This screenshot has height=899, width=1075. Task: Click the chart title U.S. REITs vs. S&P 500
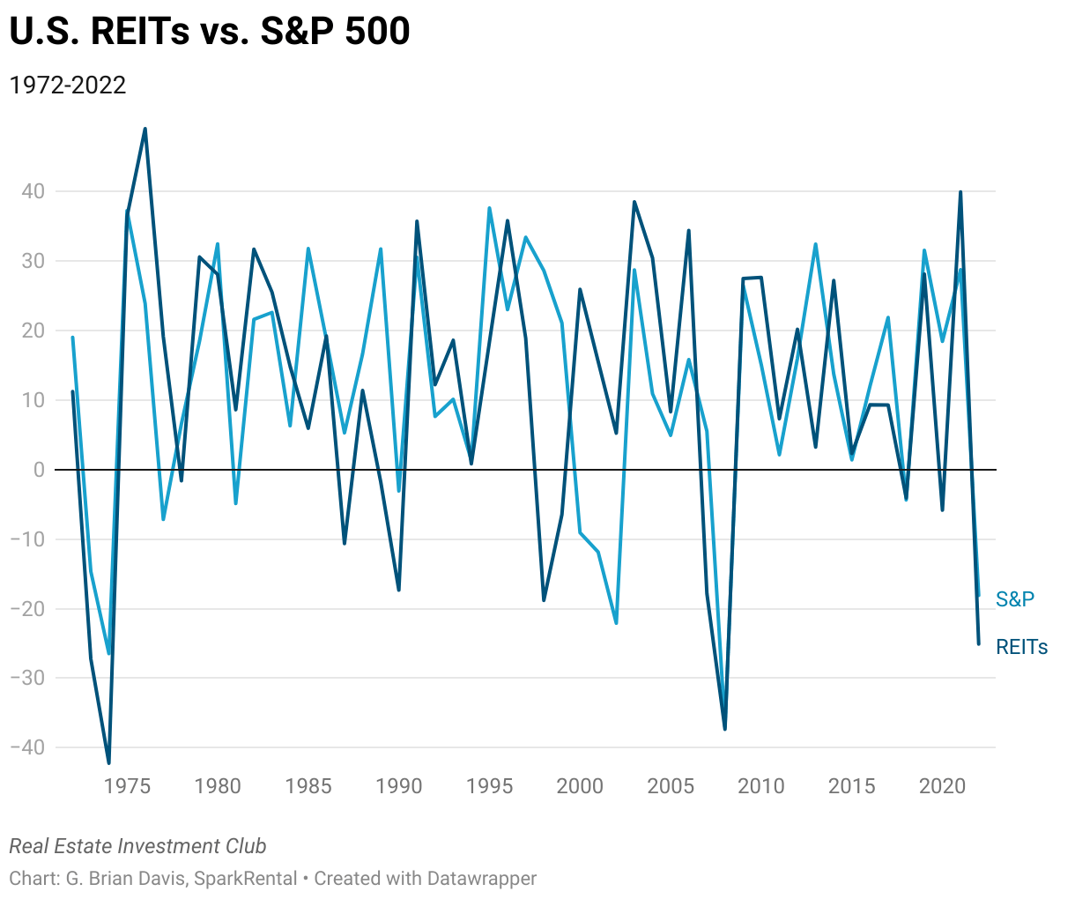click(x=210, y=32)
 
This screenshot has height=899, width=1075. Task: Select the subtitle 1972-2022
click(x=68, y=85)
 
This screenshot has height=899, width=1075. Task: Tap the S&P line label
click(x=1014, y=599)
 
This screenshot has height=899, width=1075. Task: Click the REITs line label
click(x=1021, y=647)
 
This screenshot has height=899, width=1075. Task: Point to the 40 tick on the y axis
click(x=33, y=191)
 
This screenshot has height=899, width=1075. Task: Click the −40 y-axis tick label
click(x=27, y=747)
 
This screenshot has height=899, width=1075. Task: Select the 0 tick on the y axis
click(x=38, y=470)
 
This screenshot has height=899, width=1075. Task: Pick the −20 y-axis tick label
click(x=27, y=609)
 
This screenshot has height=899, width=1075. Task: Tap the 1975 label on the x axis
click(x=127, y=786)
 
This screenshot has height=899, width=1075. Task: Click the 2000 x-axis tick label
click(x=580, y=786)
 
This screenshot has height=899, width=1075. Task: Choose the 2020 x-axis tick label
click(x=942, y=786)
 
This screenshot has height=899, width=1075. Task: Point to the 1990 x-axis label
click(x=399, y=786)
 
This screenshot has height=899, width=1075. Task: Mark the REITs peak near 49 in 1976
click(x=145, y=129)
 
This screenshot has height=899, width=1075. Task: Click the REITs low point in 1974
click(x=109, y=763)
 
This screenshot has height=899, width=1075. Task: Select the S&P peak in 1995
click(x=489, y=208)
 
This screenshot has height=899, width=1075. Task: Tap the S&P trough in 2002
click(x=616, y=623)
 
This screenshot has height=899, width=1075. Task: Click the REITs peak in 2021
click(x=960, y=192)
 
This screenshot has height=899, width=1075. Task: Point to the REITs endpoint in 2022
click(x=978, y=643)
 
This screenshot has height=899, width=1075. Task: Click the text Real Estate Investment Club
click(x=137, y=846)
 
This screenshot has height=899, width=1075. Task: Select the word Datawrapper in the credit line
click(x=481, y=879)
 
